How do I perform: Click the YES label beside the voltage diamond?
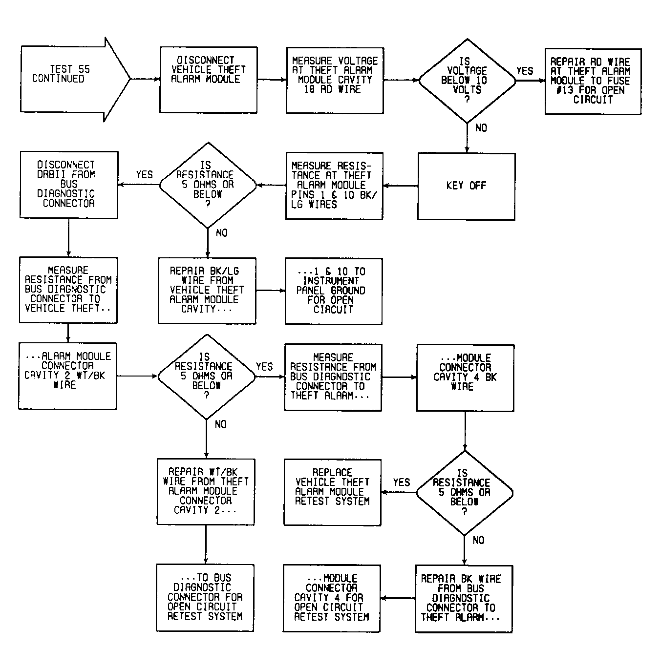[x=524, y=71]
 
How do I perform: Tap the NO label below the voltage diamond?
[x=481, y=128]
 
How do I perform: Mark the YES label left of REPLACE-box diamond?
[x=402, y=482]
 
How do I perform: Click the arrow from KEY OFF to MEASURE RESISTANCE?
[x=401, y=186]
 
